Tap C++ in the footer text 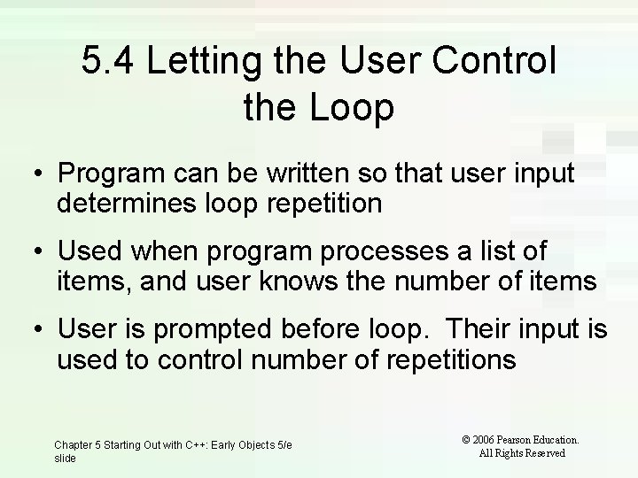206,444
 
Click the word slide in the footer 66,459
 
